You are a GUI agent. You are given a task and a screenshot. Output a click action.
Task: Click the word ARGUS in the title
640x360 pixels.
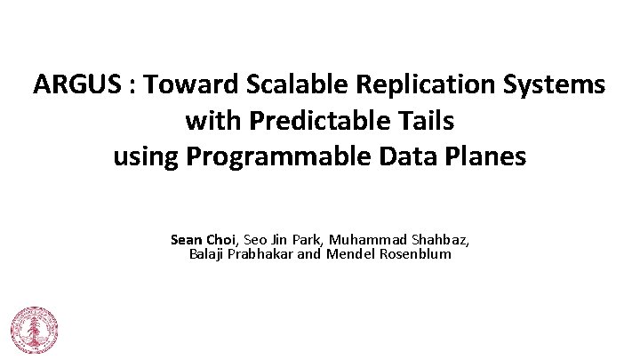click(72, 85)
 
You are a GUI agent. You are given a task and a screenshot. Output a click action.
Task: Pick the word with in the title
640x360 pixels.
click(210, 121)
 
